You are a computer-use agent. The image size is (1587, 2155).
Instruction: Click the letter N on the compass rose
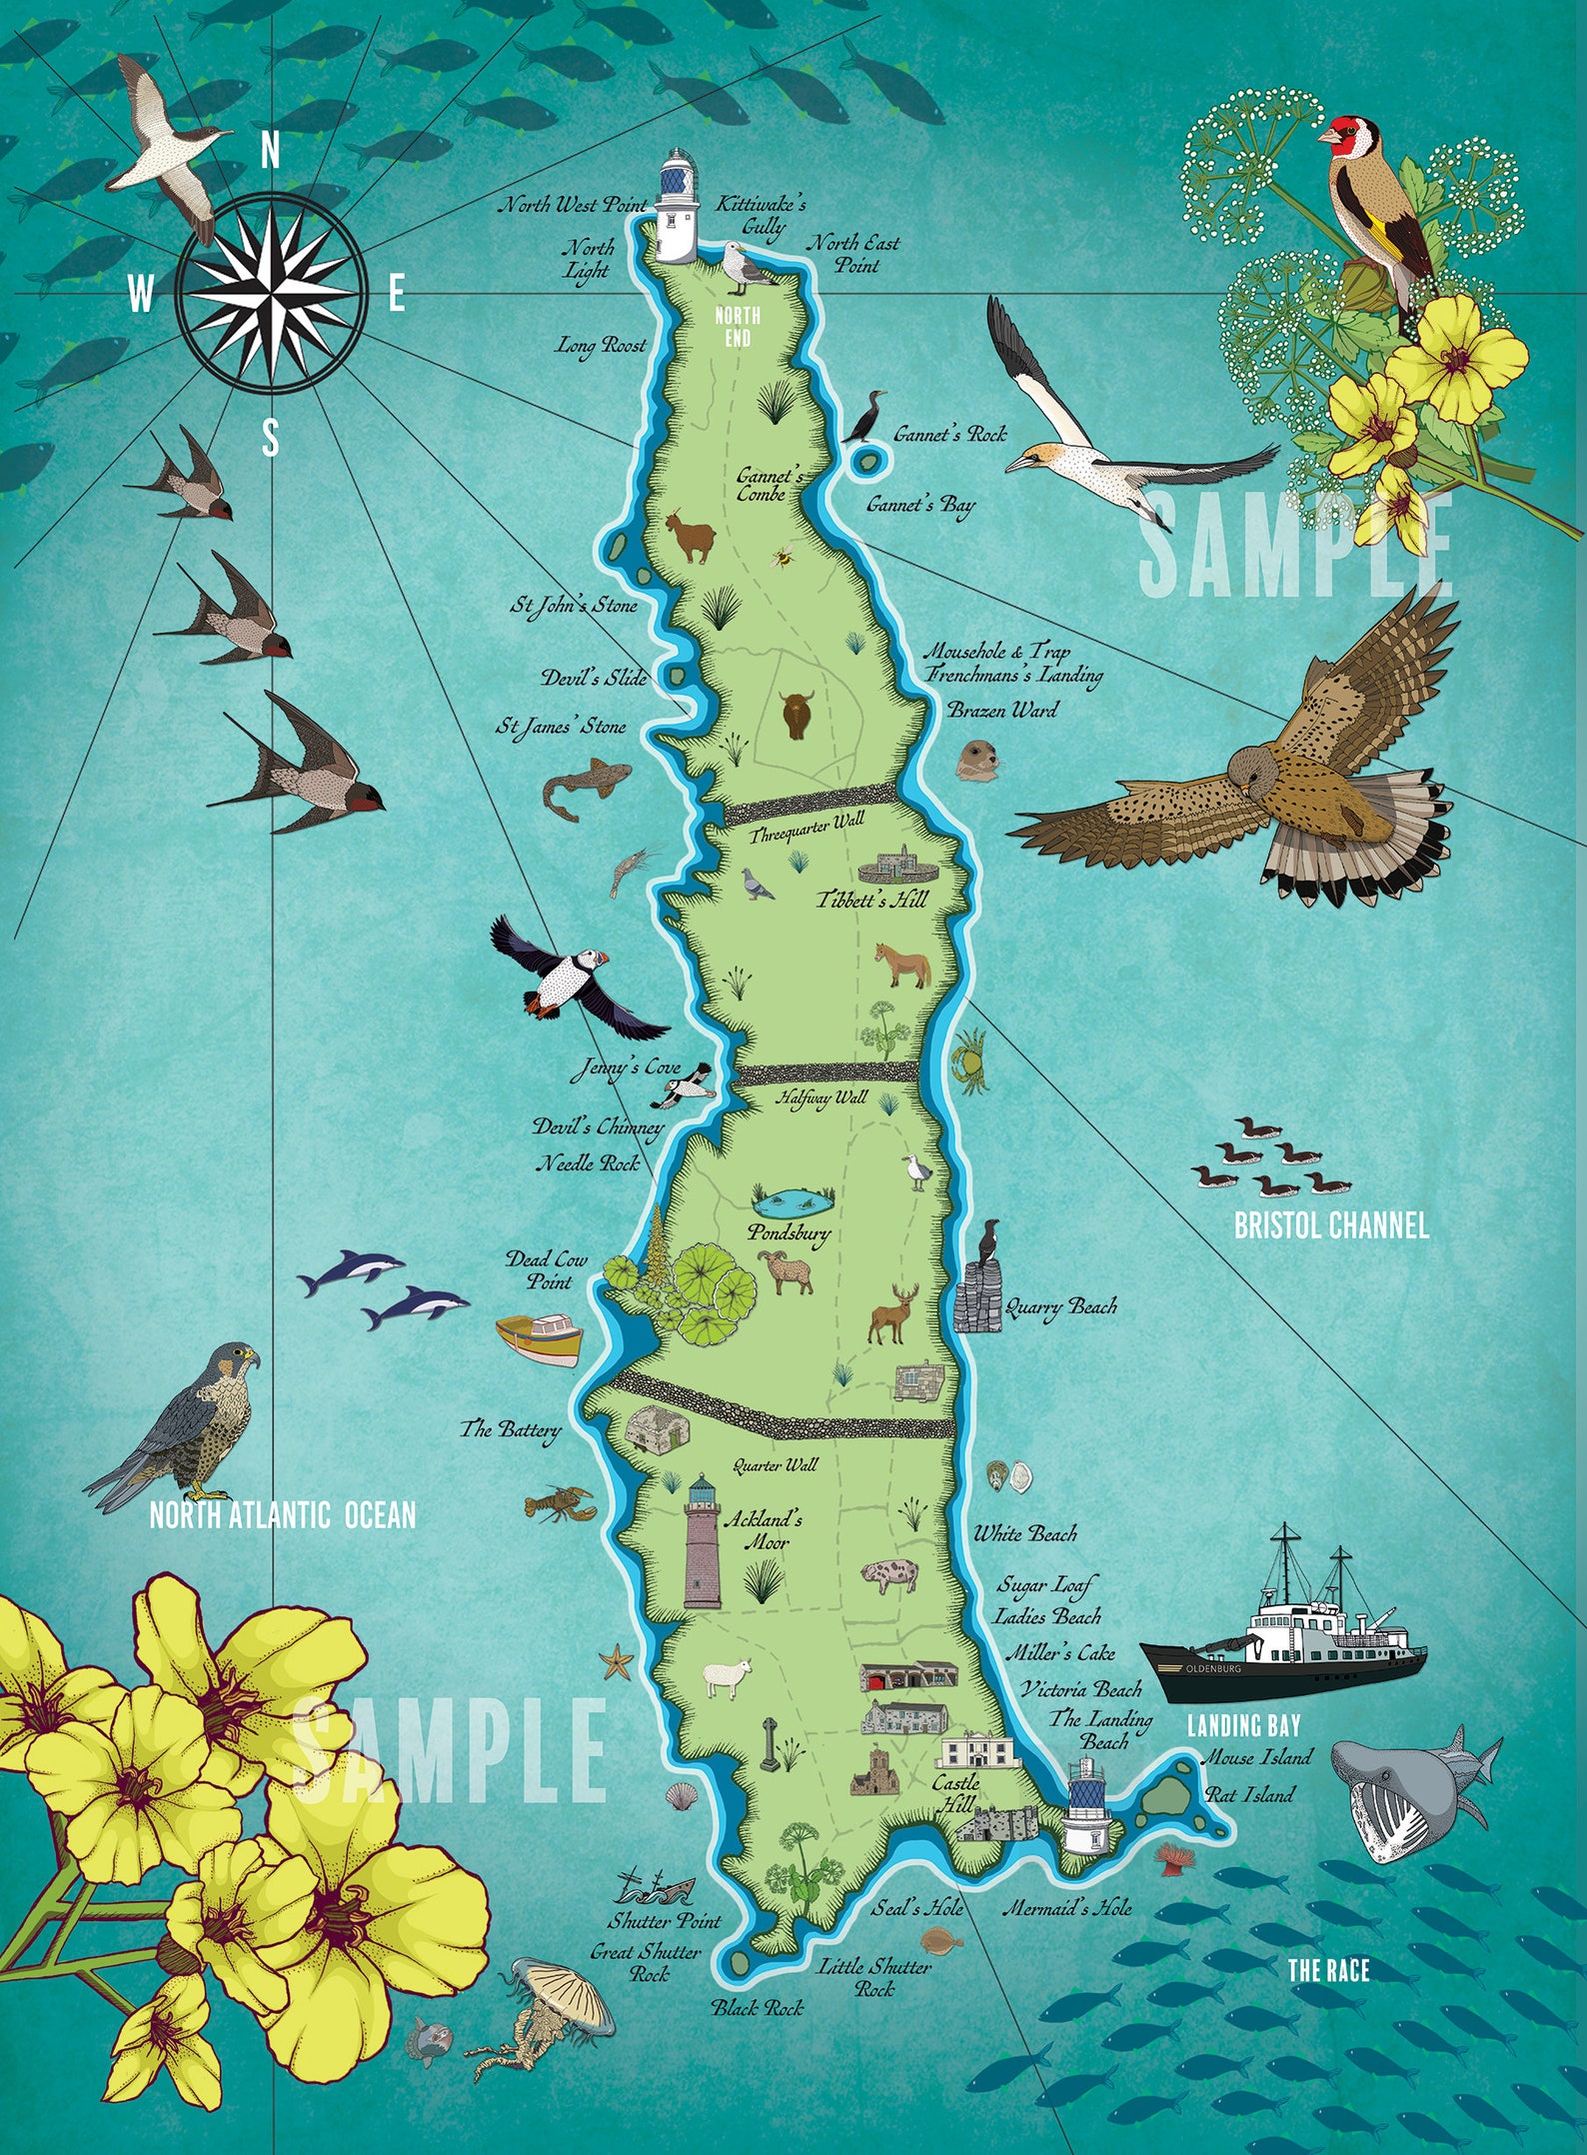pos(270,152)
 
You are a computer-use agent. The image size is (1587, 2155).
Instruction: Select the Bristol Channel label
pos(1330,1226)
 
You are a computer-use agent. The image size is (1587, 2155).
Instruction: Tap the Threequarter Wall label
pos(807,828)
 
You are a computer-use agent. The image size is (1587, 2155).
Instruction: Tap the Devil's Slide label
pos(594,678)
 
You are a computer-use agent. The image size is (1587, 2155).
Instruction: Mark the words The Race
pos(1327,1970)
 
